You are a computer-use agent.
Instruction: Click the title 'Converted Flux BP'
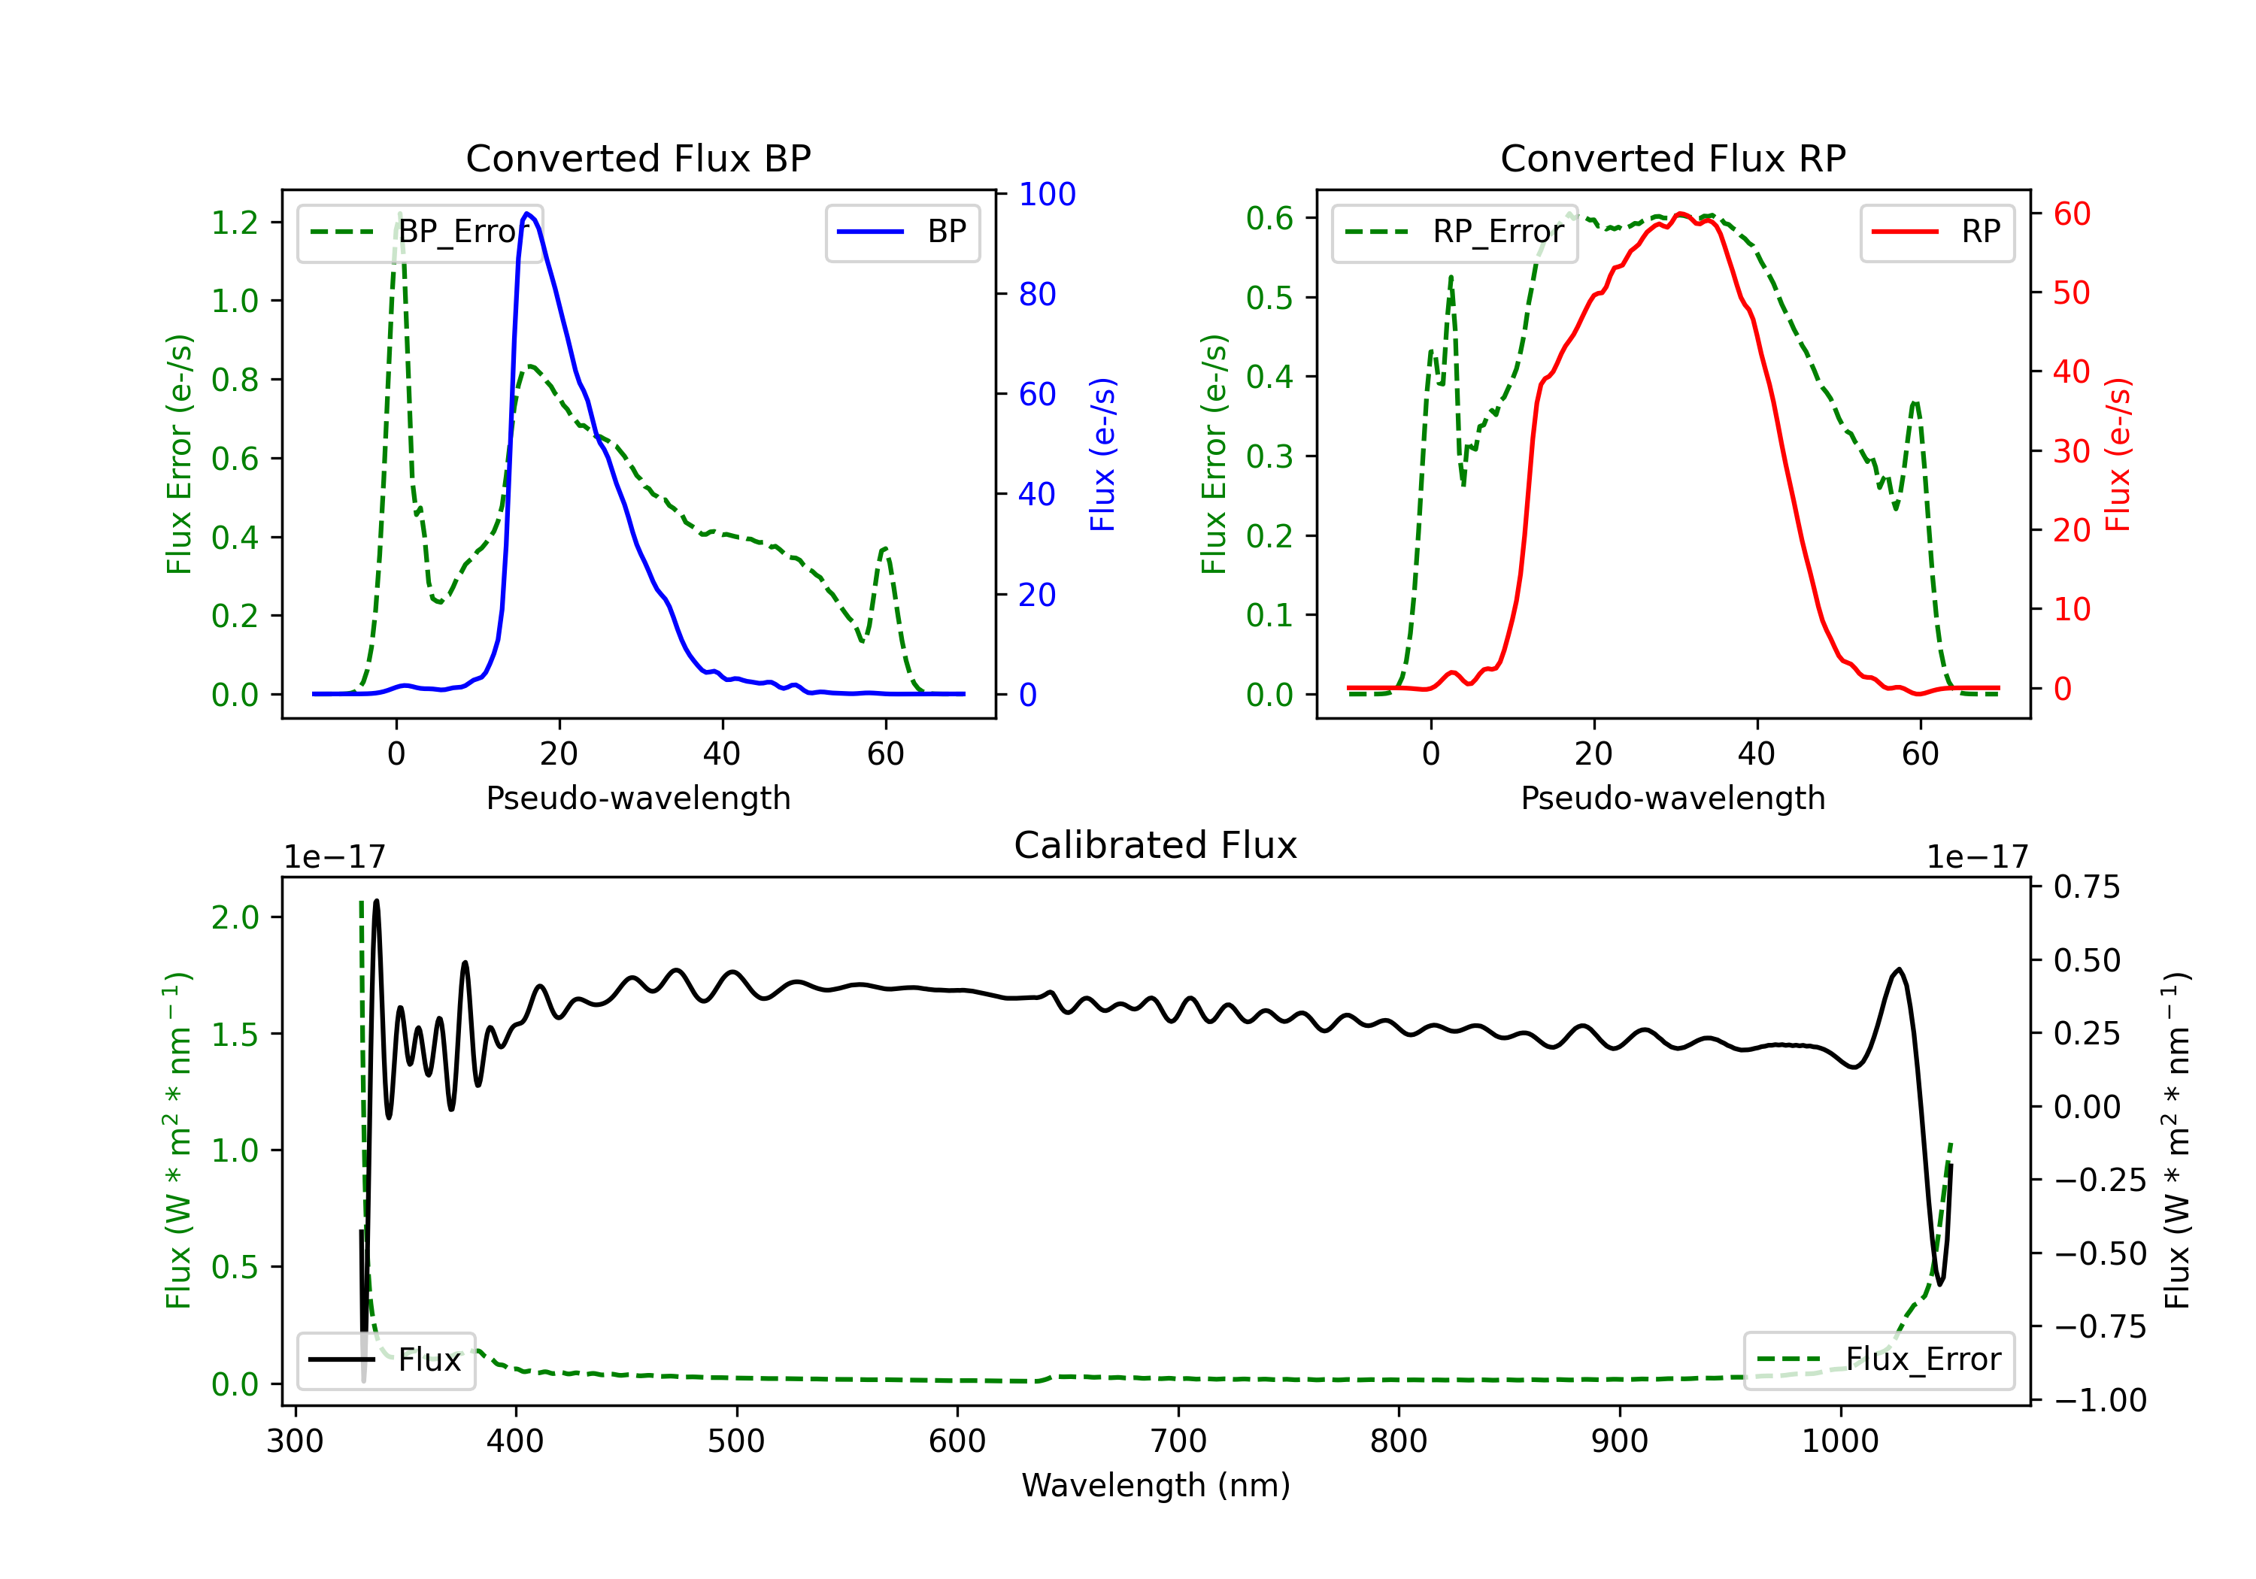pyautogui.click(x=638, y=158)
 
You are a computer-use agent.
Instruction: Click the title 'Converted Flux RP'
pyautogui.click(x=1672, y=158)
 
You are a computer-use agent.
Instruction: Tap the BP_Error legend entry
pyautogui.click(x=420, y=232)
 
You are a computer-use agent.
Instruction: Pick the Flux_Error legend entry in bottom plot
pyautogui.click(x=1878, y=1360)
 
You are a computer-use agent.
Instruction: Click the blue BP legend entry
pyautogui.click(x=902, y=232)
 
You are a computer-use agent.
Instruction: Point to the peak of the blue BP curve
pyautogui.click(x=528, y=214)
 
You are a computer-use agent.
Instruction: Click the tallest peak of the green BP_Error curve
pyautogui.click(x=399, y=214)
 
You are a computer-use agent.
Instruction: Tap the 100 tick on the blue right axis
pyautogui.click(x=1048, y=193)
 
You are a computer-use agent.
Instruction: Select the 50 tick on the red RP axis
pyautogui.click(x=2071, y=292)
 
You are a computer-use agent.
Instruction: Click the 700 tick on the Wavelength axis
pyautogui.click(x=1178, y=1441)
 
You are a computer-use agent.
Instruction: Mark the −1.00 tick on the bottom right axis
pyautogui.click(x=2100, y=1399)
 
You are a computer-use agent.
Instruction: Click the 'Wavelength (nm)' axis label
pyautogui.click(x=1156, y=1485)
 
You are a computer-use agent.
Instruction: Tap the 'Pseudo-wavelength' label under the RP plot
pyautogui.click(x=1672, y=798)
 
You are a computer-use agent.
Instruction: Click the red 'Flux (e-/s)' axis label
pyautogui.click(x=2118, y=454)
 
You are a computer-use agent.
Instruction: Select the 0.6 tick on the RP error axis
pyautogui.click(x=1269, y=217)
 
